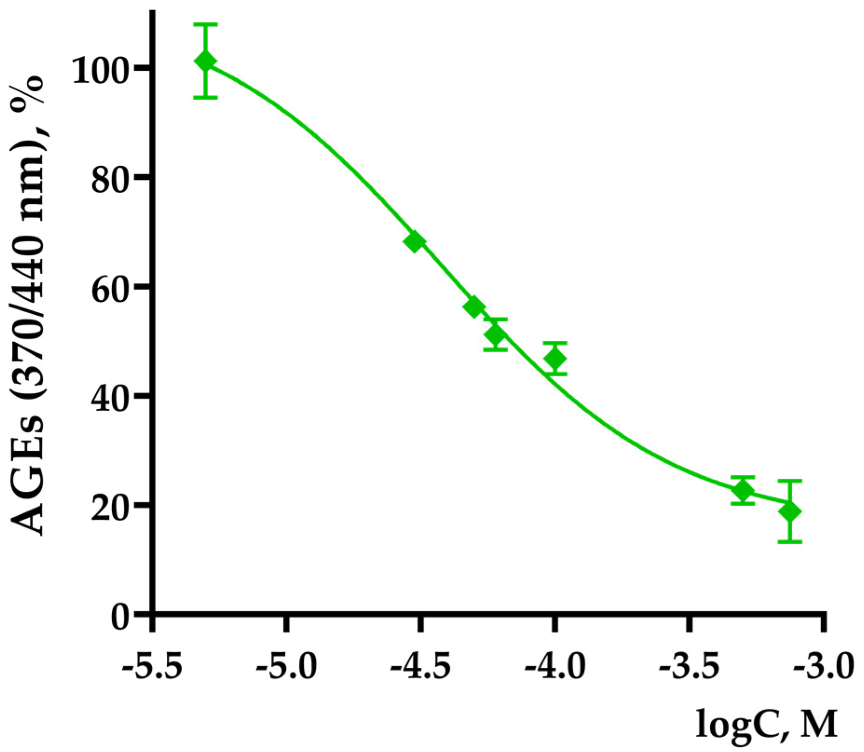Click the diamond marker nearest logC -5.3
(205, 61)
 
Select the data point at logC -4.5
(415, 241)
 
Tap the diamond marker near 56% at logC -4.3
(475, 307)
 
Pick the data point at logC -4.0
(555, 359)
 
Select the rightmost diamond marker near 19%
(790, 511)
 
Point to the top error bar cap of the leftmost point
(205, 24)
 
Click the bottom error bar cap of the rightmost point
(790, 542)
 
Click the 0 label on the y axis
(122, 617)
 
